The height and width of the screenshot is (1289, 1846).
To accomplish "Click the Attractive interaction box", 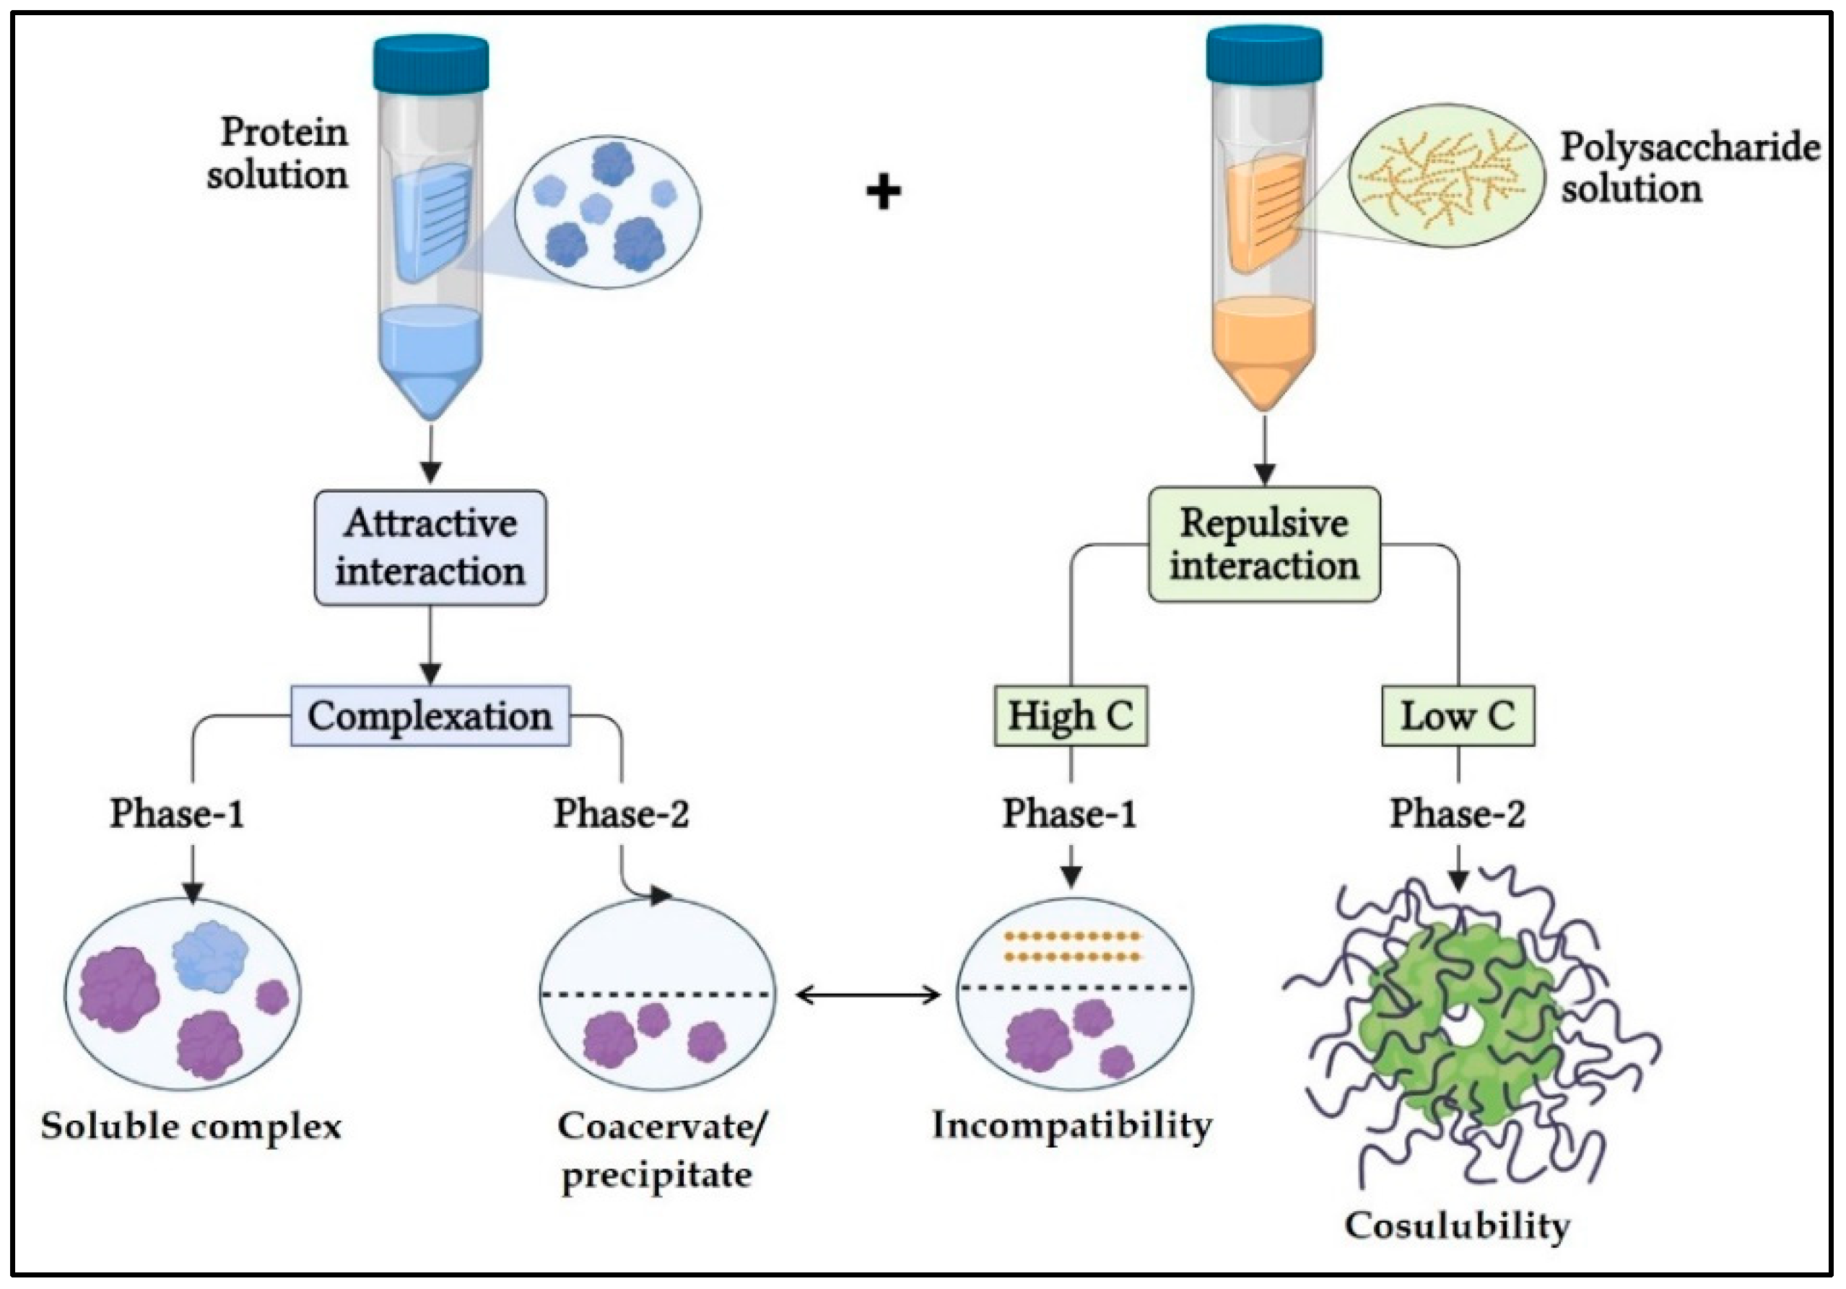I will [x=430, y=547].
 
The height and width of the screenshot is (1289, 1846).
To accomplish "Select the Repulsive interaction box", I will [x=1264, y=544].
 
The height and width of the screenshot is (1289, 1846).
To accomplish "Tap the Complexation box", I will [x=430, y=715].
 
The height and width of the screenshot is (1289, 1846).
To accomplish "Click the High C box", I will [x=1070, y=715].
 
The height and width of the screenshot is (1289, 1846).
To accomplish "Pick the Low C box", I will [x=1458, y=715].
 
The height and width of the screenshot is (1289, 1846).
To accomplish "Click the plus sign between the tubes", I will [x=884, y=193].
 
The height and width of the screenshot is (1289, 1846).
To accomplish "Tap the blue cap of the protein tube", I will [x=431, y=63].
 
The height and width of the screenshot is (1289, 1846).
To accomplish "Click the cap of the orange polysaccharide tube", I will [x=1264, y=54].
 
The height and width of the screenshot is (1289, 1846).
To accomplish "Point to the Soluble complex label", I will [x=191, y=1126].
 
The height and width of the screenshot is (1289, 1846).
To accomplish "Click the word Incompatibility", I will [x=1072, y=1125].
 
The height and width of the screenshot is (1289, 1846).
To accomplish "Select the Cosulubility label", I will [x=1457, y=1226].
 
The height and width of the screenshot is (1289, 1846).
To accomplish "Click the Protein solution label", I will [x=277, y=154].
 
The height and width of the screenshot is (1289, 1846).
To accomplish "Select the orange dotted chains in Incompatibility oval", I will [x=1072, y=947].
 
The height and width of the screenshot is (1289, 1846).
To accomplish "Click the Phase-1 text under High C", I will [x=1069, y=813].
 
